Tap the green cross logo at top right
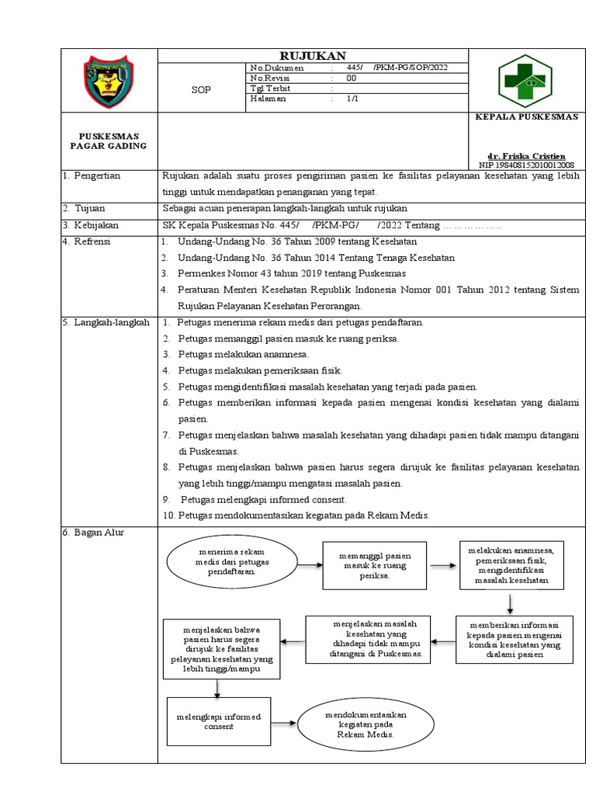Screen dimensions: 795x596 525,80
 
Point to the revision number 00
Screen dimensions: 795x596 352,78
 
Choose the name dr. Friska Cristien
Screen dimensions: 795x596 532,155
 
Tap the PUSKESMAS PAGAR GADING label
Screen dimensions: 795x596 109,141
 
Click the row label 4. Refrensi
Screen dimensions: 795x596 88,241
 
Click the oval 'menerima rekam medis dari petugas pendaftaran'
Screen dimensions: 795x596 226,564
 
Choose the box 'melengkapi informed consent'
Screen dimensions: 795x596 217,720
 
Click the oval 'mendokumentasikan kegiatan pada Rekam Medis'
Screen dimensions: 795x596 366,723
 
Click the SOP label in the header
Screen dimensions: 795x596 201,90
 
